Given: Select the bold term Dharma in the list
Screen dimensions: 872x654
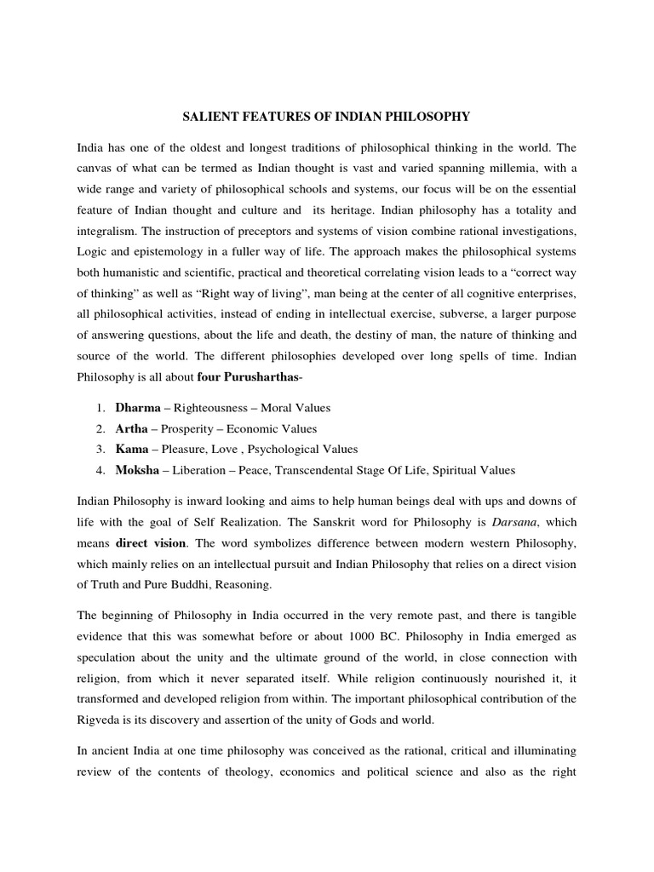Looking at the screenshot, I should pyautogui.click(x=138, y=408).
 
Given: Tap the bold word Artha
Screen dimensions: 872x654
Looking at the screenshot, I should pyautogui.click(x=131, y=428).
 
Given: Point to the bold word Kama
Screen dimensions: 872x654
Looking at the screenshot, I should pyautogui.click(x=132, y=449).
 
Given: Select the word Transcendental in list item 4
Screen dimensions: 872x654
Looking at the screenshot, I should pyautogui.click(x=322, y=469).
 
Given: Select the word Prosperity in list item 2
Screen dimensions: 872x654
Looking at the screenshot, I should pyautogui.click(x=190, y=428).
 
